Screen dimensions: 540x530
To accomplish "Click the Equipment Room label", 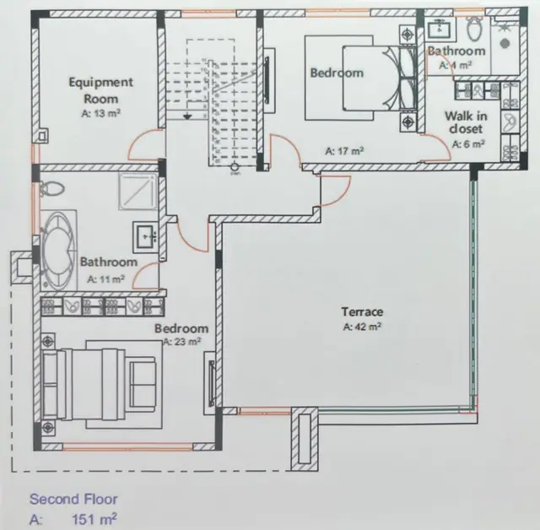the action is pos(101,90).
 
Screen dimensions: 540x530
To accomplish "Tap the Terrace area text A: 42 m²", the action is pos(362,327).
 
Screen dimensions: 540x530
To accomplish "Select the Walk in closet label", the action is pos(466,122).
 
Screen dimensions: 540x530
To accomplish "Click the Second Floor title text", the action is pos(73,499).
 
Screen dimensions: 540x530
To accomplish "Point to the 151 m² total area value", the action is pos(94,519).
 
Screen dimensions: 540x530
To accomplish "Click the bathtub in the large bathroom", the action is pos(58,250).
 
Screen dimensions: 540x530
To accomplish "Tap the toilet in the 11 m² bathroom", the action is pos(52,189).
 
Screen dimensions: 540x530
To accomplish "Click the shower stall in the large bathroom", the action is pos(138,191).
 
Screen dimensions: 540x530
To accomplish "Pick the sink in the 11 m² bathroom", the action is pos(145,235).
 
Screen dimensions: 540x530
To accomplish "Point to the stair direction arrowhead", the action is pos(187,117).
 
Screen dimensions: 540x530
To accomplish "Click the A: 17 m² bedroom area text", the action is pos(345,151).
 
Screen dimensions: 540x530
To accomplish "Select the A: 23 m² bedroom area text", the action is pos(182,342).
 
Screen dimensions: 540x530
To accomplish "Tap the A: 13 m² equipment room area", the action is pos(101,113).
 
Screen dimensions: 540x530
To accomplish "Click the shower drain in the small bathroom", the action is pos(505,43).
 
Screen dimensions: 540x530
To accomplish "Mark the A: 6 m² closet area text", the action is pos(468,144).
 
